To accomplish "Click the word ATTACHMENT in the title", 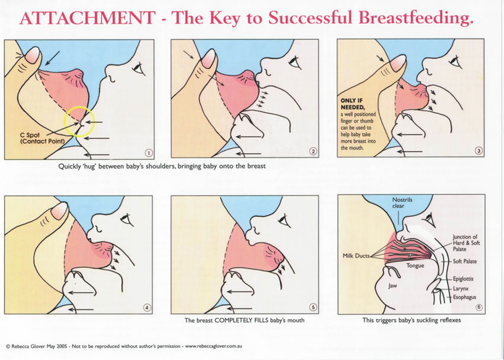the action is coord(87,18).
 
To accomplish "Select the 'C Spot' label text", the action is coord(30,135).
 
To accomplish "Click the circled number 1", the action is coord(148,153).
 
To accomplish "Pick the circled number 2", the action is coord(313,151).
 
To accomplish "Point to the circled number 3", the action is coord(478,151).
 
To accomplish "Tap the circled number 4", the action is coord(147,307).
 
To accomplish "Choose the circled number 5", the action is coord(313,307).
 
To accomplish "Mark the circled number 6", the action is coord(479,307).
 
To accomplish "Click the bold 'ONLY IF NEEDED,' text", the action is coord(352,104).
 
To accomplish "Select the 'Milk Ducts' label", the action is coord(356,256).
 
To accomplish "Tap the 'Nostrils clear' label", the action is coord(402,203).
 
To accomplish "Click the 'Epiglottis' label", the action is coord(463,279).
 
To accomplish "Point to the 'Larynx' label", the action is coord(461,289).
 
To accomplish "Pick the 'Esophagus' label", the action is coord(464,297).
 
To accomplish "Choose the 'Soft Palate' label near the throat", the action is coord(465,261).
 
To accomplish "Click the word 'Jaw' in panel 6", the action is coord(393,286).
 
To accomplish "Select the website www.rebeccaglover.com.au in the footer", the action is coord(213,346).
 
